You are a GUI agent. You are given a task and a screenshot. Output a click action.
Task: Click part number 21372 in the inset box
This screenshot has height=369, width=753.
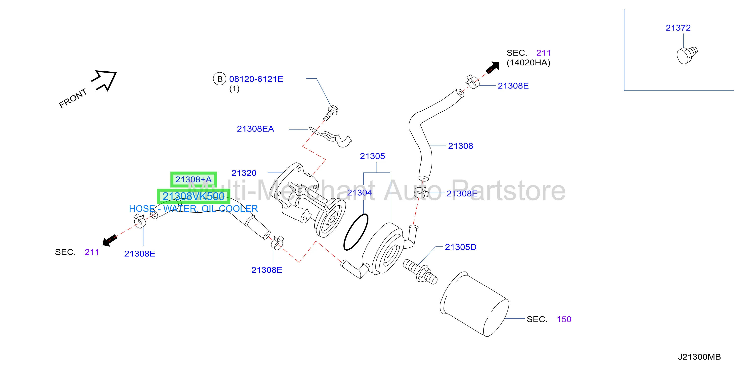678,28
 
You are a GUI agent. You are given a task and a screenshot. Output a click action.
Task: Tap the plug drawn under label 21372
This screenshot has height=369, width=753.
687,55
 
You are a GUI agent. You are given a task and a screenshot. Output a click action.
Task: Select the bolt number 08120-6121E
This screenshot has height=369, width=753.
256,79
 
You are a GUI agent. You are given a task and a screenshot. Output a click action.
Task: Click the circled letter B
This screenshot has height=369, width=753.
220,79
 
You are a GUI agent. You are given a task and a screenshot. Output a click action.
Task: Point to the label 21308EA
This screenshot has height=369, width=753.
255,129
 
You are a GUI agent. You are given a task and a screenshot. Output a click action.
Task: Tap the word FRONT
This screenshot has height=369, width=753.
73,98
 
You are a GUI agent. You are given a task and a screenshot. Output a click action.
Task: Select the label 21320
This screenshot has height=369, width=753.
244,173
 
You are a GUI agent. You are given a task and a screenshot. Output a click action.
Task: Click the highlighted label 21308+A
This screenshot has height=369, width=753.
194,179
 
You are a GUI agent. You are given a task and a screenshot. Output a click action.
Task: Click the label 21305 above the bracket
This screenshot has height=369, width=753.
372,156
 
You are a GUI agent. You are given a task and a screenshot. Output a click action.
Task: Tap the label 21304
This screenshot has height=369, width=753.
359,193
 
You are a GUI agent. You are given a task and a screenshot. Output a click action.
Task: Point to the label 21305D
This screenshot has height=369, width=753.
461,247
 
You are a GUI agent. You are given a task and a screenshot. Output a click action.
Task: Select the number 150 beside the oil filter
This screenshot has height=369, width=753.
564,319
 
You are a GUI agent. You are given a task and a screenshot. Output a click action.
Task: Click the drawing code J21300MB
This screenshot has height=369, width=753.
699,357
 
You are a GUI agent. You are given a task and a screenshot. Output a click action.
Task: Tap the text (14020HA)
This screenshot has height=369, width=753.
528,63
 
